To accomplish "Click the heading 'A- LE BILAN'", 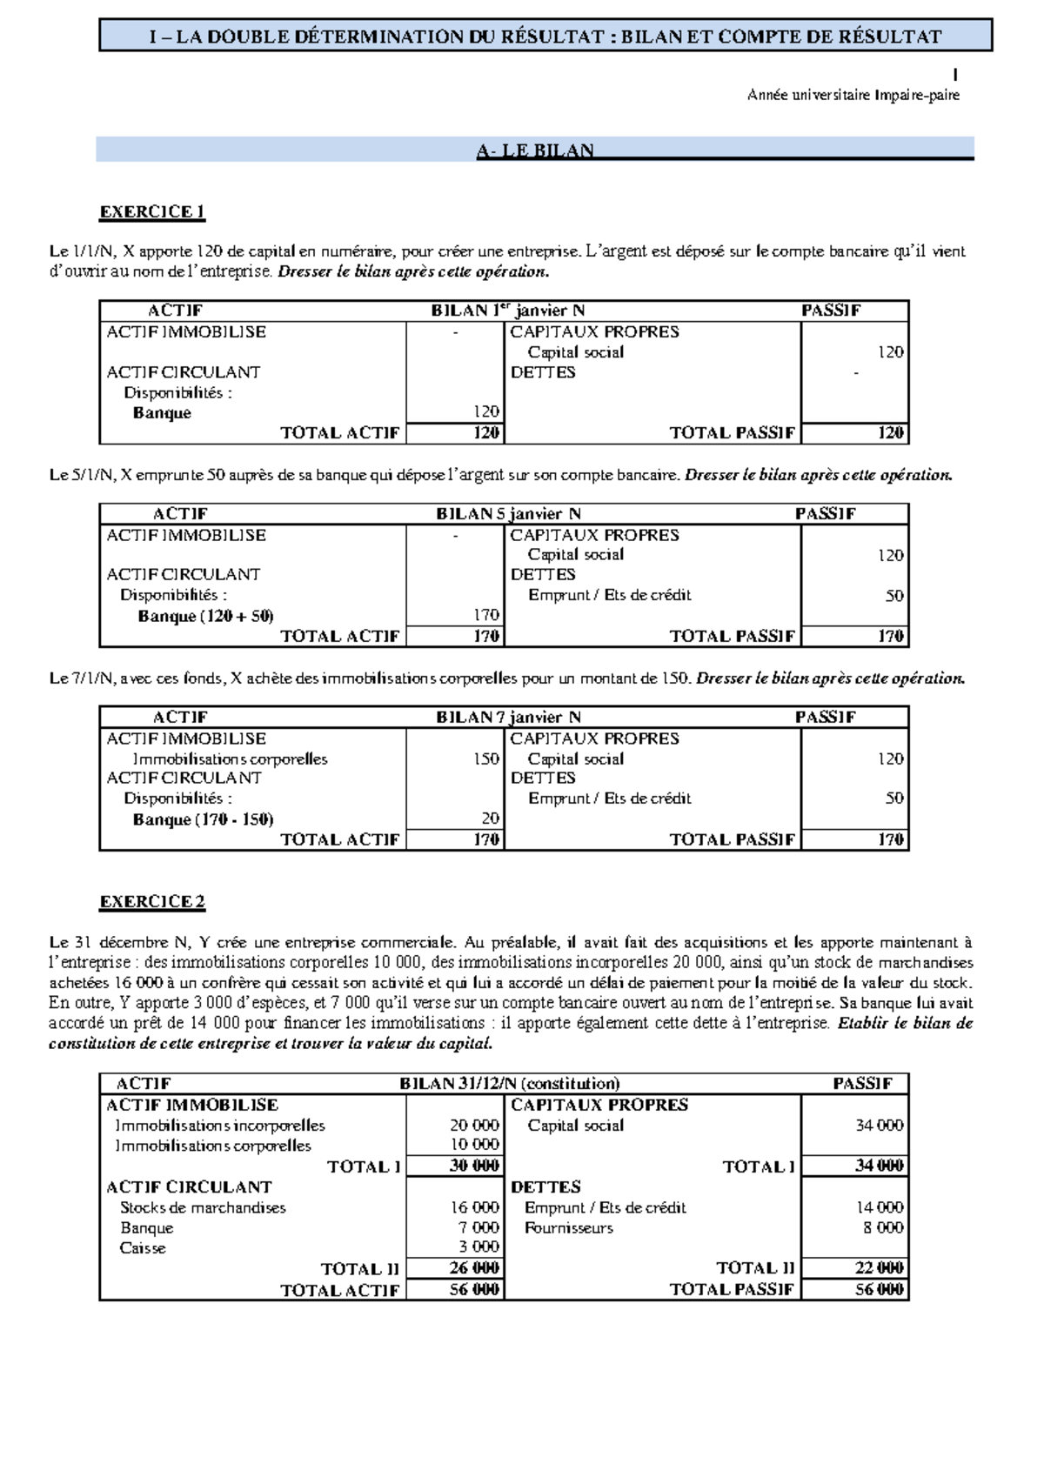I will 534,150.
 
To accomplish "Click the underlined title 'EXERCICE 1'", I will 152,211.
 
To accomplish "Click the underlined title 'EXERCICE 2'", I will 152,901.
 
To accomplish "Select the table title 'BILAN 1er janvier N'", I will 507,311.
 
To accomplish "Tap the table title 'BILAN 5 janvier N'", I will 509,514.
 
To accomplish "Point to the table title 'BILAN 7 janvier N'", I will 509,718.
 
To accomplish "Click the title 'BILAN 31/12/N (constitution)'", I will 509,1083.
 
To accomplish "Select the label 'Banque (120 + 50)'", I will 205,617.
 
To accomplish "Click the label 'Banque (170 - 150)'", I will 203,819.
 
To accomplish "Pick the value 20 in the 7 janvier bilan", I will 490,819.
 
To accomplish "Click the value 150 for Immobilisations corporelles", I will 485,759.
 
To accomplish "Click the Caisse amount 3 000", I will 478,1247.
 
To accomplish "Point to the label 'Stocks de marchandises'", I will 203,1207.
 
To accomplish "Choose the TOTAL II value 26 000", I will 474,1268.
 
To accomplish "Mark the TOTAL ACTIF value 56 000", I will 474,1289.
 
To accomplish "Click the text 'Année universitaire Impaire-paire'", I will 853,96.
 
